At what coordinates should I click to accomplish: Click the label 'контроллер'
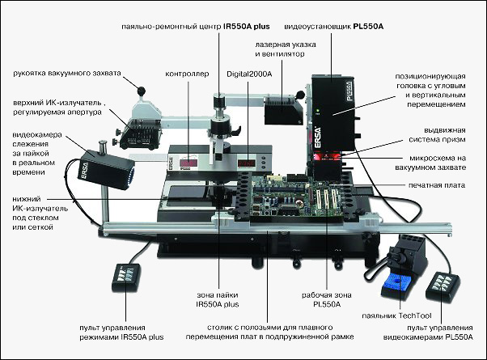coord(187,74)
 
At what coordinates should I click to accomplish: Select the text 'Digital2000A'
coord(249,74)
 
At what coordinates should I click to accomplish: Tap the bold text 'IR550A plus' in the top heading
coord(247,27)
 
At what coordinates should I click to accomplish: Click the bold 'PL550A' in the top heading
coord(368,27)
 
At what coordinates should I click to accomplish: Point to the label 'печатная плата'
coord(437,185)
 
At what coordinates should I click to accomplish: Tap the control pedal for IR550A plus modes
coord(126,277)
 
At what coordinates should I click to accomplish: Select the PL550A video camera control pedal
coord(443,286)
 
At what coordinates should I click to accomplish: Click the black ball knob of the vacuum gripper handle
coord(142,91)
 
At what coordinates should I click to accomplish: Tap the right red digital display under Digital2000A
coord(247,163)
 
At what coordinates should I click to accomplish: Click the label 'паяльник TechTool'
coord(396,316)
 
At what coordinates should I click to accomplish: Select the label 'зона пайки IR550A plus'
coord(218,299)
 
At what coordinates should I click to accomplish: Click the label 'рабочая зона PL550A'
coord(327,299)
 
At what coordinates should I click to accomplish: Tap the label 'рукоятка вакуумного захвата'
coord(67,74)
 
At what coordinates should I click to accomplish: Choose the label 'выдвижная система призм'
coord(437,135)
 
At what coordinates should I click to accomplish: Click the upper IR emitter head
coord(141,133)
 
